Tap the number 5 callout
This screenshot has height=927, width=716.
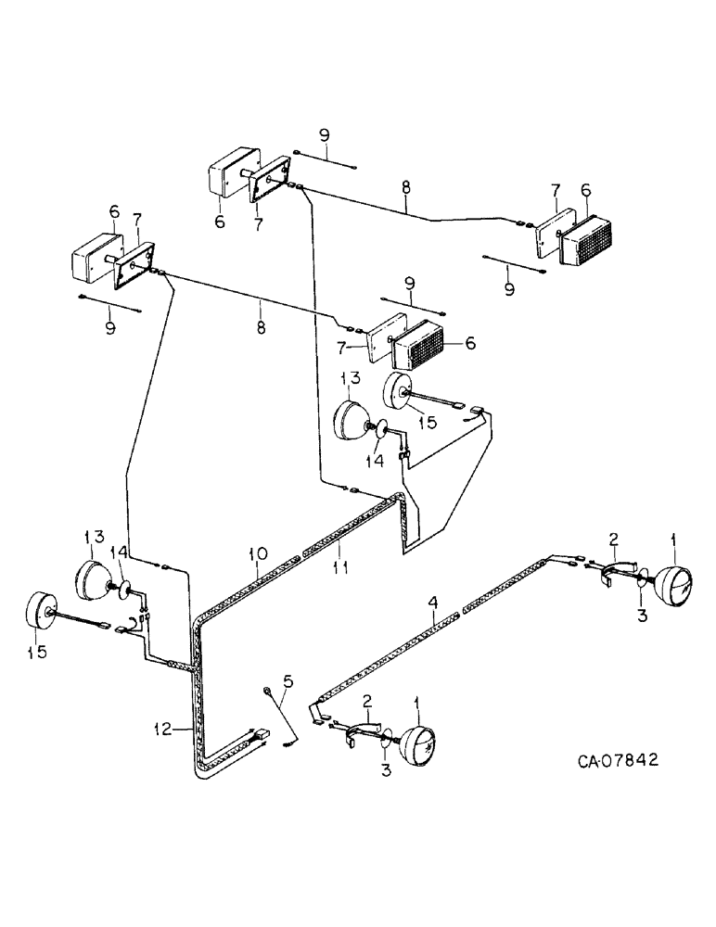[287, 681]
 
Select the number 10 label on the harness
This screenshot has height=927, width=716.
[257, 553]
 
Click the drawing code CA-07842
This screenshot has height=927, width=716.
[618, 761]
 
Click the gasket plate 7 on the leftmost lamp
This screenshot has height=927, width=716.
[134, 268]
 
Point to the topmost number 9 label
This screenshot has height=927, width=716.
[325, 135]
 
